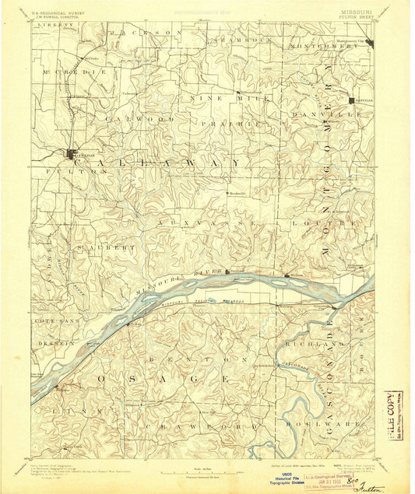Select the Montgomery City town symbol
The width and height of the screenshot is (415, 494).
pos(371,44)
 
